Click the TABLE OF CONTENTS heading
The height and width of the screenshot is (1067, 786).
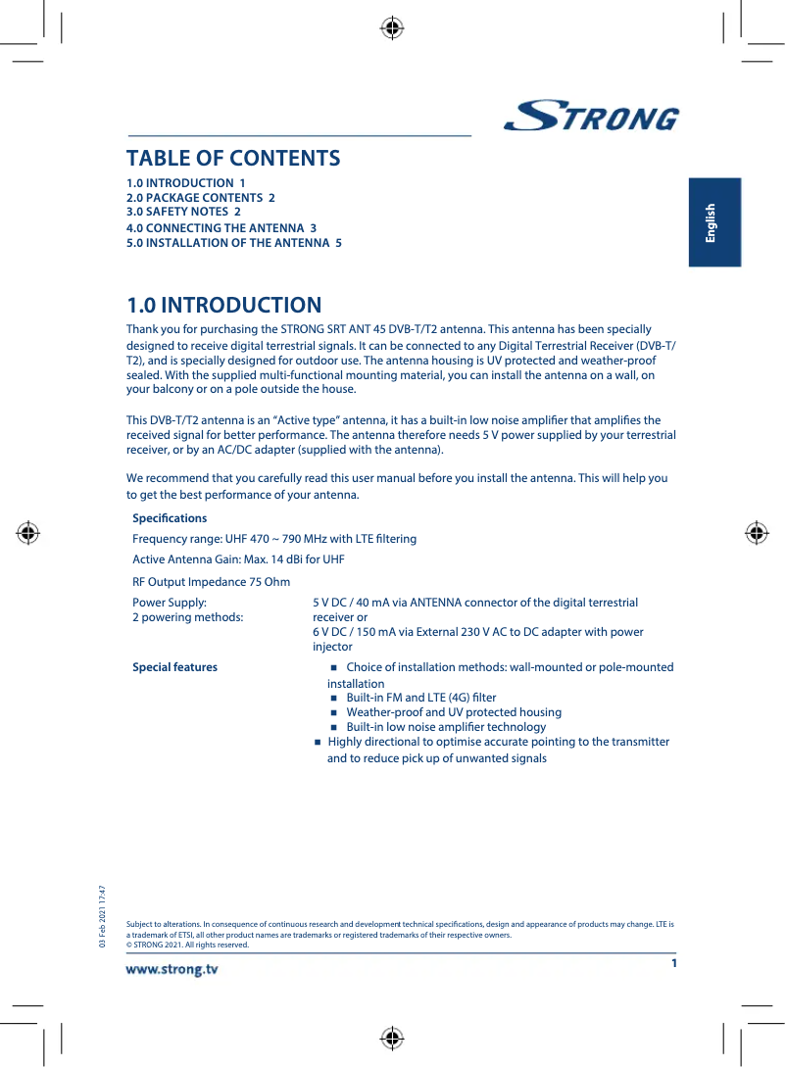pos(233,158)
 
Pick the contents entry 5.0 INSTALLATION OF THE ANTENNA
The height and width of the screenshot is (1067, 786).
pos(234,243)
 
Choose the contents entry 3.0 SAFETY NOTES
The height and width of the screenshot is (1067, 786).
pos(183,211)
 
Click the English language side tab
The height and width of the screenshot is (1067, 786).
pos(712,222)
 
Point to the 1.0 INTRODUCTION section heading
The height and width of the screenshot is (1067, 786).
pos(223,306)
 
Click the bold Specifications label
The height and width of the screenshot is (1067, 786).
pos(170,518)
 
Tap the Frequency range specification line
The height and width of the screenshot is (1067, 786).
pos(274,539)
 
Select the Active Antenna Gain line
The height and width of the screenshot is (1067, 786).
pos(238,560)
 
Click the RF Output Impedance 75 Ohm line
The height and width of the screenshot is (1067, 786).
pos(211,582)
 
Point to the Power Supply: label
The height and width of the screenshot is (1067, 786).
pos(170,604)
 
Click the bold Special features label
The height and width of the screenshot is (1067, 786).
pos(174,667)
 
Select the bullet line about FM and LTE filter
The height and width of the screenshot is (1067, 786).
pos(420,698)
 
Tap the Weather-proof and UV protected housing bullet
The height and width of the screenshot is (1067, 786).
pos(454,712)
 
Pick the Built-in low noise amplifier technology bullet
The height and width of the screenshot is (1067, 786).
pos(446,727)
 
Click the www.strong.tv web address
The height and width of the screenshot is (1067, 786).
pos(172,970)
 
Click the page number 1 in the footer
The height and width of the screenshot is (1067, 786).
pos(674,963)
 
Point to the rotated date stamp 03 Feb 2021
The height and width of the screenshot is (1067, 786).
pos(101,916)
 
